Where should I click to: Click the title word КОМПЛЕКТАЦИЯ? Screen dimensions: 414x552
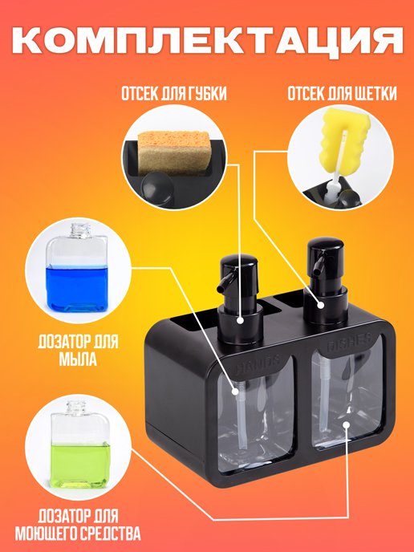pyautogui.click(x=207, y=40)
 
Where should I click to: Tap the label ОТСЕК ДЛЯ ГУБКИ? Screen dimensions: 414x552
pyautogui.click(x=174, y=94)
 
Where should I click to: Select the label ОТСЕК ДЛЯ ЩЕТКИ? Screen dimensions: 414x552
pyautogui.click(x=342, y=94)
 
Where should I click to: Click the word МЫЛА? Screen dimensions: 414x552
pyautogui.click(x=78, y=359)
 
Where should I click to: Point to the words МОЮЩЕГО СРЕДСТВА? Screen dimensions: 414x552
pyautogui.click(x=78, y=534)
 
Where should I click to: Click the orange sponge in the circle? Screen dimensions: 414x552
pyautogui.click(x=173, y=152)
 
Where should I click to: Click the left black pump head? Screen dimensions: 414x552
pyautogui.click(x=238, y=267)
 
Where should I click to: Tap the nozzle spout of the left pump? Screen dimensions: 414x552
pyautogui.click(x=222, y=283)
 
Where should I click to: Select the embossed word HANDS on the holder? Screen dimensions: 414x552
pyautogui.click(x=258, y=363)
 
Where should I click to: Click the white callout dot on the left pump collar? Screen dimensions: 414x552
pyautogui.click(x=240, y=320)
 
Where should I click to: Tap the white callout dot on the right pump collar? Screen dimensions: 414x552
pyautogui.click(x=321, y=305)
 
